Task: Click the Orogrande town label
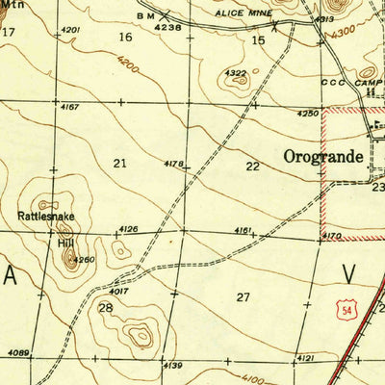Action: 323,157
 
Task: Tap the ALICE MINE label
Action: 247,15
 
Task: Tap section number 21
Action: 119,163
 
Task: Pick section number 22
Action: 252,166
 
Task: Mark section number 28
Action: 105,307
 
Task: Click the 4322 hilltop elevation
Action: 235,73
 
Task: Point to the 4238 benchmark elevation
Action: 168,28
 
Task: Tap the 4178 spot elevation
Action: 173,165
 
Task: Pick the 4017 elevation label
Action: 118,290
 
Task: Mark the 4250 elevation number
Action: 307,114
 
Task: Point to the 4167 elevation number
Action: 69,106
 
